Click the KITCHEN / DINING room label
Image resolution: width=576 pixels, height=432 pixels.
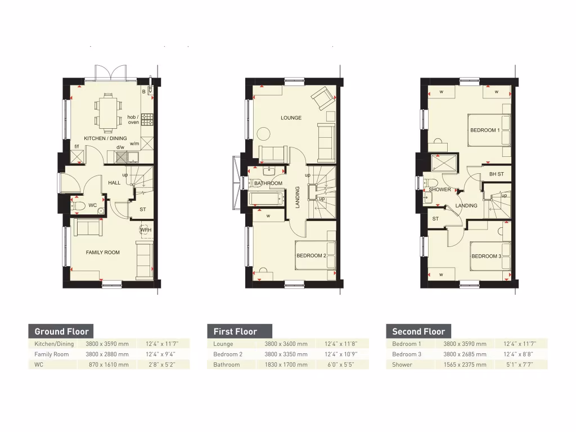(105, 138)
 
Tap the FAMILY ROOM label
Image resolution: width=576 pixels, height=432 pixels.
(103, 253)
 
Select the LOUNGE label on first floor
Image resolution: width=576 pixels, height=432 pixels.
(291, 118)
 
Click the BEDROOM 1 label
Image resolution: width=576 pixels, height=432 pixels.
(484, 130)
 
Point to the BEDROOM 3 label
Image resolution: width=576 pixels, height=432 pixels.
(486, 256)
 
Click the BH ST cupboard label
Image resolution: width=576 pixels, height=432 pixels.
(496, 174)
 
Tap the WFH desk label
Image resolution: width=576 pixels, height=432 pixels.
(146, 230)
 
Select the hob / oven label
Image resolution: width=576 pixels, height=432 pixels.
(133, 120)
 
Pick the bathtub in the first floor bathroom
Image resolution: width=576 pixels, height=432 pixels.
(266, 198)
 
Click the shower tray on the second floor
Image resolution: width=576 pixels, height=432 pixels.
(442, 164)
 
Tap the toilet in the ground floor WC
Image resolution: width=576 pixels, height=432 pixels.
(79, 206)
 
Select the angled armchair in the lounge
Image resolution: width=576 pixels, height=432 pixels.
(323, 99)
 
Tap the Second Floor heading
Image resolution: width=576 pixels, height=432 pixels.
(418, 331)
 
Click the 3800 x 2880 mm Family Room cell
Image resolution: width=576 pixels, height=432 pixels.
(107, 354)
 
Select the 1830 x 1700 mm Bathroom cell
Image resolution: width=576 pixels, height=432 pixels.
(286, 364)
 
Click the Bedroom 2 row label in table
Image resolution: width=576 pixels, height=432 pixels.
(228, 354)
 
